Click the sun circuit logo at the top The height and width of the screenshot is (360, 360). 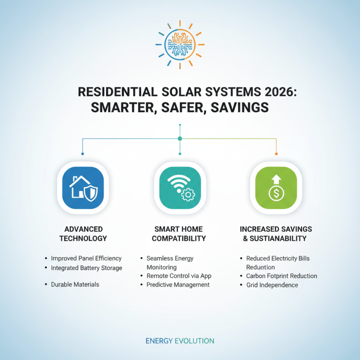tap(180, 45)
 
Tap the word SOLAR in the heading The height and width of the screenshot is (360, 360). tap(175, 91)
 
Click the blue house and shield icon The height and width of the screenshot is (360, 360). tap(82, 187)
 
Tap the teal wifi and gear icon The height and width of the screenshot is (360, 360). tap(180, 187)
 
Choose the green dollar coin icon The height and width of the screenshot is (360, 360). tap(276, 187)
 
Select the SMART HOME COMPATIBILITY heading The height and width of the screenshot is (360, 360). tap(180, 234)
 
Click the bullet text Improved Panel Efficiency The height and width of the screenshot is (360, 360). tap(86, 258)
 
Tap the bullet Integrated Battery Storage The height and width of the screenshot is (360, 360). tap(86, 268)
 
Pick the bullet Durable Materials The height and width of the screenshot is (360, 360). tap(75, 284)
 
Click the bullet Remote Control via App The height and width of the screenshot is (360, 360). tap(179, 276)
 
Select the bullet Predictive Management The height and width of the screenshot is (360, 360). tap(178, 285)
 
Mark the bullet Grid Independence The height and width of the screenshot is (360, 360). tap(272, 285)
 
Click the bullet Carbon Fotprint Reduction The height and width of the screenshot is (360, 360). tap(282, 276)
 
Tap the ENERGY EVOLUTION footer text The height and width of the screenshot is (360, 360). tap(180, 341)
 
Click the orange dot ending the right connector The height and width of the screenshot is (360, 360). tap(276, 154)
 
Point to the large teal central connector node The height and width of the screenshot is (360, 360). tap(180, 139)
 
